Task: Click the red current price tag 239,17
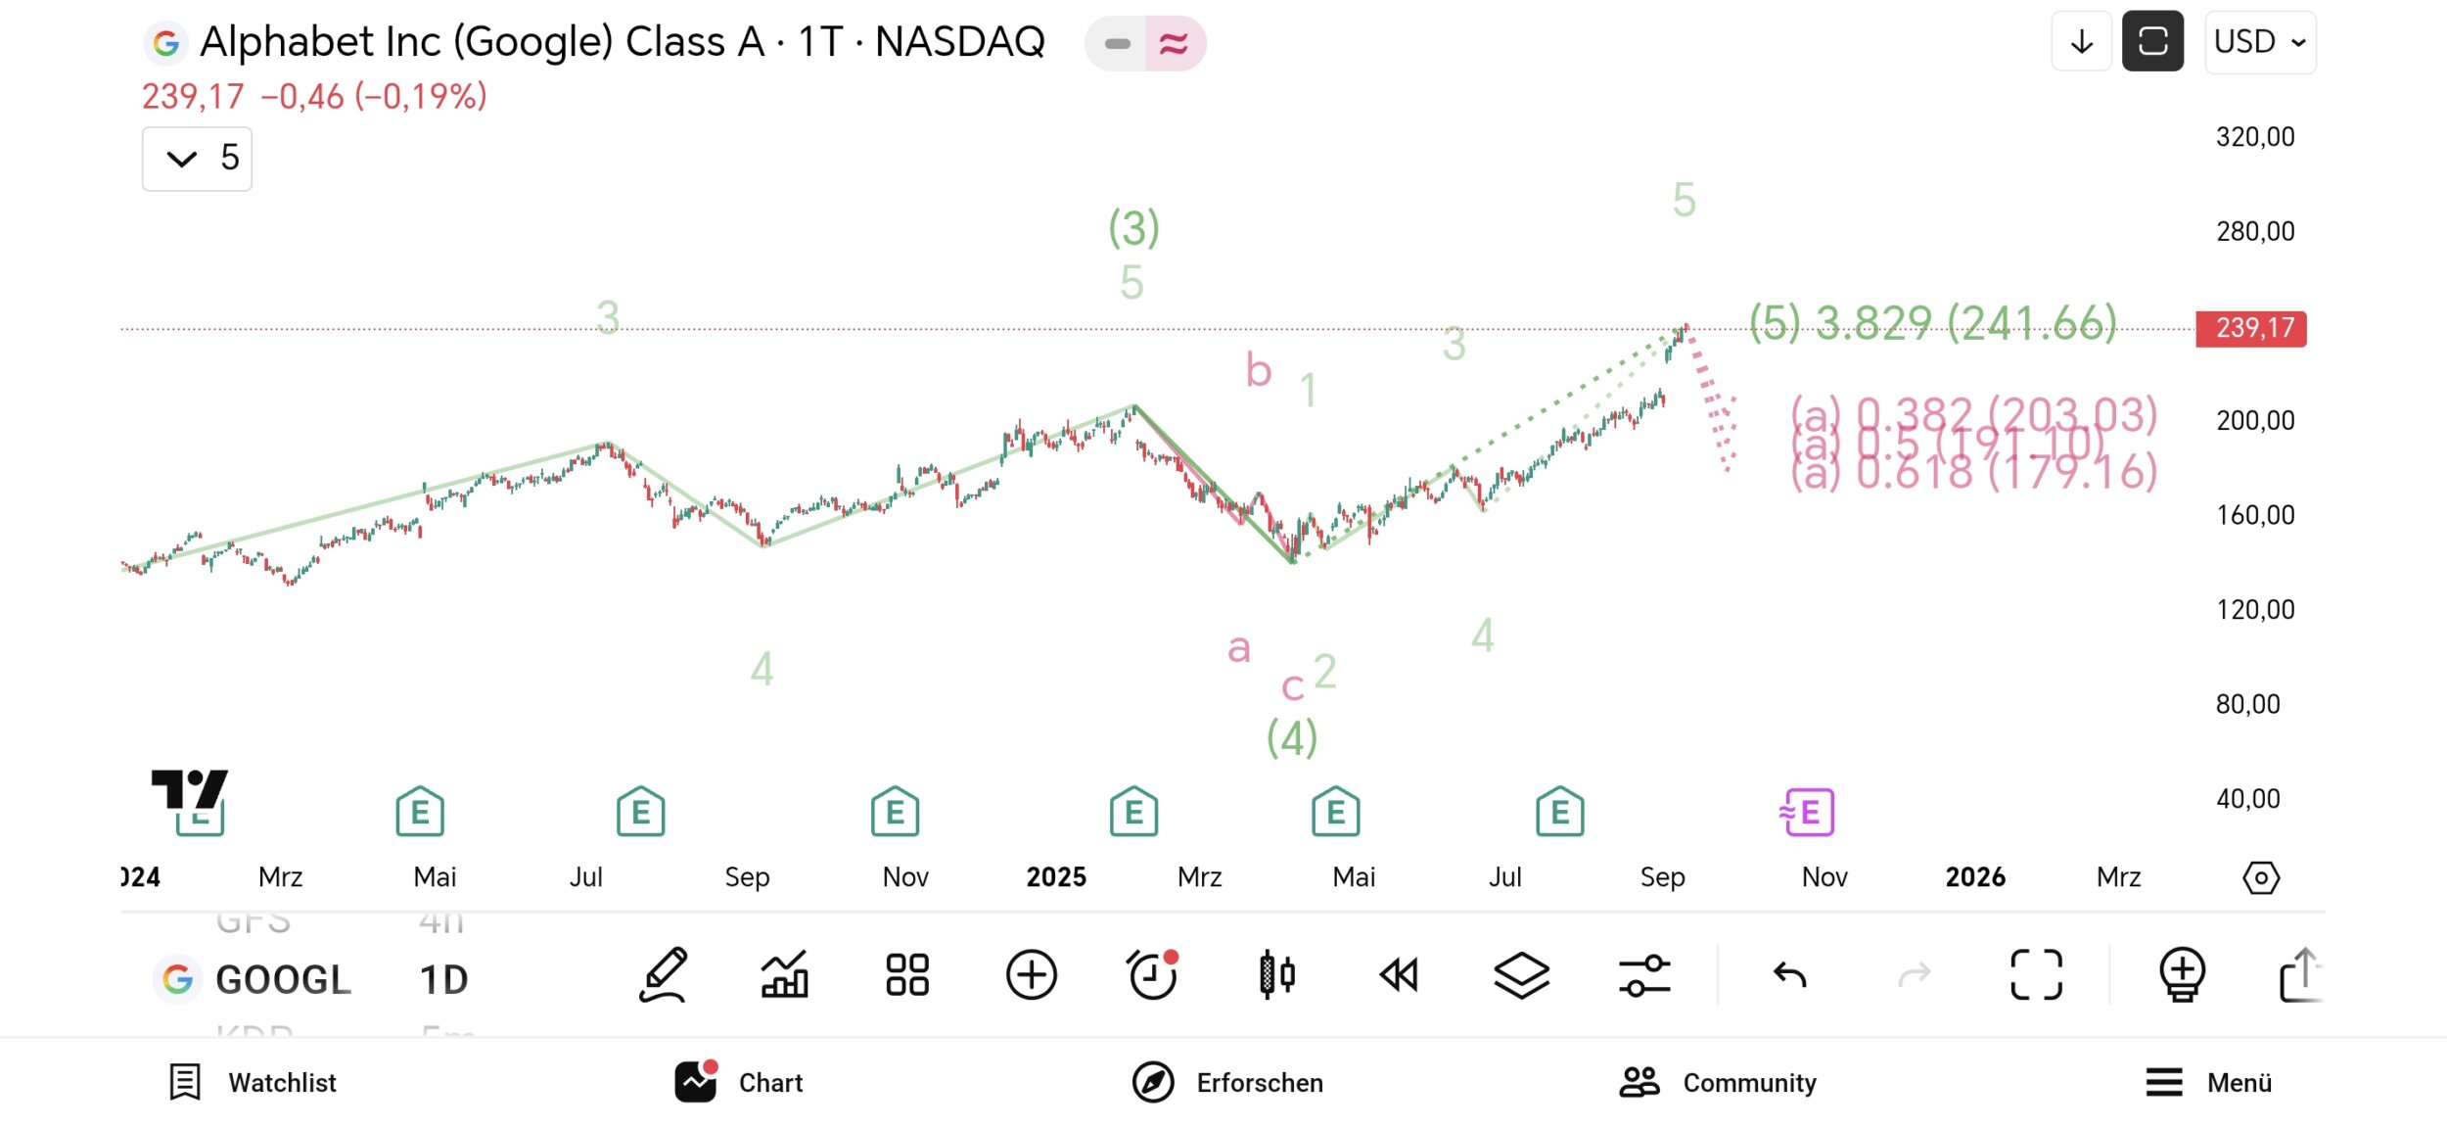pyautogui.click(x=2250, y=328)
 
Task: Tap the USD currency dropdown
pyautogui.click(x=2259, y=42)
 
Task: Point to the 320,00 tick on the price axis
pyautogui.click(x=2255, y=137)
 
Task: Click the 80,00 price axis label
pyautogui.click(x=2247, y=704)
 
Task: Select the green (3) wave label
pyautogui.click(x=1133, y=229)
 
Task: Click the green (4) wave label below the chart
pyautogui.click(x=1292, y=738)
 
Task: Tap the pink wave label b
pyautogui.click(x=1259, y=371)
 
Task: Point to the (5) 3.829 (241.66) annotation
pyautogui.click(x=1932, y=322)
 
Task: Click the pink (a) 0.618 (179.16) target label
pyautogui.click(x=1973, y=473)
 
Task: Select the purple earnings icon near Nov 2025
pyautogui.click(x=1807, y=813)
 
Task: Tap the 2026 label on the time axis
pyautogui.click(x=1975, y=877)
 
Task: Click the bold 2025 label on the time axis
pyautogui.click(x=1056, y=877)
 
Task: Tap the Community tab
pyautogui.click(x=1718, y=1082)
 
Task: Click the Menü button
pyautogui.click(x=2208, y=1082)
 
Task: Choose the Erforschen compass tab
pyautogui.click(x=1227, y=1082)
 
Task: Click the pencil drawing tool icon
pyautogui.click(x=664, y=975)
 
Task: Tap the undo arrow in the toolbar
pyautogui.click(x=1789, y=975)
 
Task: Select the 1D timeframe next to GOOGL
pyautogui.click(x=443, y=979)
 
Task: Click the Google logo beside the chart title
pyautogui.click(x=166, y=43)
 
